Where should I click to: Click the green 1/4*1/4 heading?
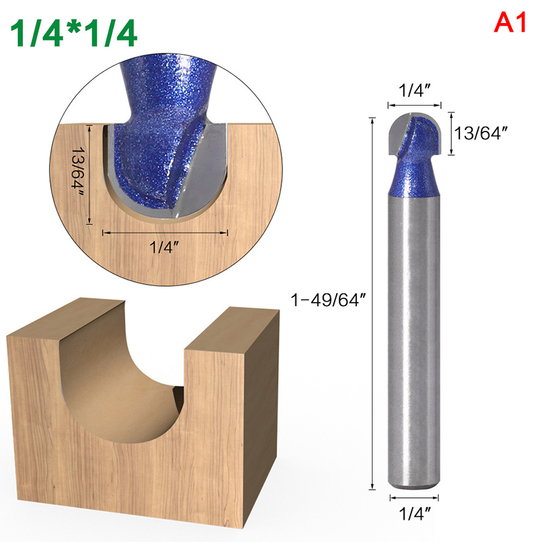(74, 33)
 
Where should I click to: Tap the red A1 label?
(510, 23)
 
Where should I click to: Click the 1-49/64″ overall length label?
(328, 299)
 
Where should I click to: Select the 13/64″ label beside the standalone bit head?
(482, 133)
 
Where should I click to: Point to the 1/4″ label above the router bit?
(415, 91)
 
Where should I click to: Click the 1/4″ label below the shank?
(415, 514)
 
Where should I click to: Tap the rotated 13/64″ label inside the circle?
(78, 172)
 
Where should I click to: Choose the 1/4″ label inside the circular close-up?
(164, 247)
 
